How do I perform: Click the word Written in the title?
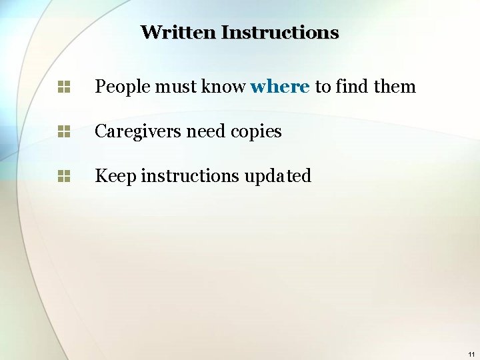coord(178,32)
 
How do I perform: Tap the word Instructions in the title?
coord(280,32)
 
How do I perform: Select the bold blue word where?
coord(280,87)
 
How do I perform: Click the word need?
coord(206,131)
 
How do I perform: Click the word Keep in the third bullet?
coord(115,176)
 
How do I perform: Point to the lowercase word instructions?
coord(190,176)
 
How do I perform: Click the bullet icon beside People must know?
coord(64,87)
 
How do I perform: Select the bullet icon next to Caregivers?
coord(64,131)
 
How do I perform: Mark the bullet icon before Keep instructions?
coord(64,176)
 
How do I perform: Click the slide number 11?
coord(471,354)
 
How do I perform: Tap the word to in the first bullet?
coord(323,87)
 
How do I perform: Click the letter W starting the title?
coord(151,32)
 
